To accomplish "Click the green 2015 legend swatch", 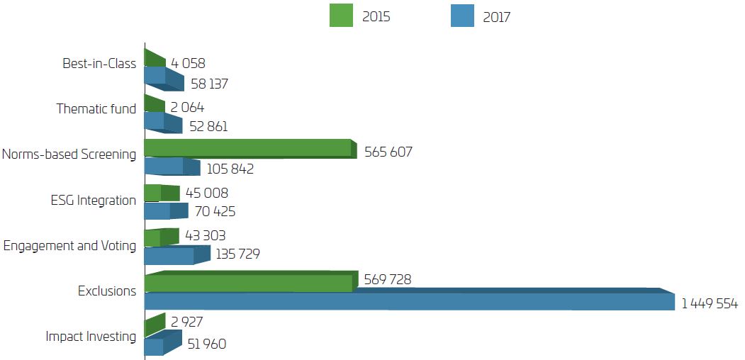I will click(x=341, y=16).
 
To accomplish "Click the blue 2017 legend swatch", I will click(x=462, y=16).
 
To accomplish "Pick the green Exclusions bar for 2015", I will click(x=248, y=283).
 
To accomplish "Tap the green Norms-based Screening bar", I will click(x=248, y=148).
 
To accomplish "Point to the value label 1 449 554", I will click(x=710, y=304).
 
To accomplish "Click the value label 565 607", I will click(x=388, y=152).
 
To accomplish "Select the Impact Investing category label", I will click(x=90, y=336).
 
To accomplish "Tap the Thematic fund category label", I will click(x=96, y=109).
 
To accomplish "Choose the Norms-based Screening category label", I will click(x=69, y=154).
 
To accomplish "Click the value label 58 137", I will click(x=209, y=84).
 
